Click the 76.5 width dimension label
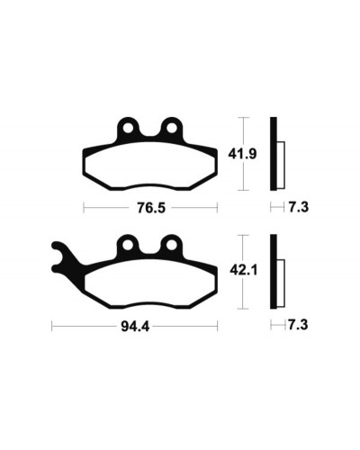(151, 208)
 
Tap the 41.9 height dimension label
(242, 154)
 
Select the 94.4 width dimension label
(135, 327)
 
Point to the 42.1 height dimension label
(244, 271)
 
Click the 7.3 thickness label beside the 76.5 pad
(299, 207)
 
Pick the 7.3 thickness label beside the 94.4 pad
(298, 325)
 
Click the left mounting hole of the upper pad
(128, 128)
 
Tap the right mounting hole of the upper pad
(172, 128)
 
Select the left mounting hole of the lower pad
(128, 245)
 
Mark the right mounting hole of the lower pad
(172, 245)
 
